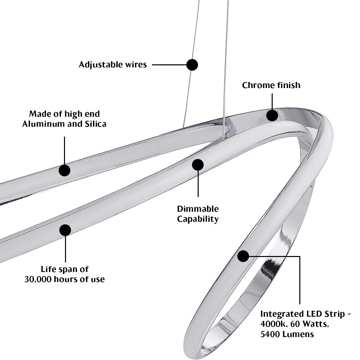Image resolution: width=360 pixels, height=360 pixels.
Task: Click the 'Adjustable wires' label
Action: coord(113,65)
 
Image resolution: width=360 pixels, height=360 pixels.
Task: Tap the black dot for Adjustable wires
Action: coord(192,65)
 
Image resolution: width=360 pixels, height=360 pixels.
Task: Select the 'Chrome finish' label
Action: coord(271,85)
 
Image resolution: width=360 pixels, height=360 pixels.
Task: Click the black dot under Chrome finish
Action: coord(272,115)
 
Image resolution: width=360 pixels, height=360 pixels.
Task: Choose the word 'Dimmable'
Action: coord(198,209)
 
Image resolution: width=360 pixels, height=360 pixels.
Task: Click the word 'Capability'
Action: coord(198,219)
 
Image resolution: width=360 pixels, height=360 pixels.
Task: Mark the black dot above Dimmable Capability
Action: coord(198,165)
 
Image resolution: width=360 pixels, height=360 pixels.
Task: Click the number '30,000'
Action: coord(36,279)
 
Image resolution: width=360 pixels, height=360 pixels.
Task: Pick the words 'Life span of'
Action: coord(65,269)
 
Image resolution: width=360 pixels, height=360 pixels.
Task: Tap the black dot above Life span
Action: coord(65,230)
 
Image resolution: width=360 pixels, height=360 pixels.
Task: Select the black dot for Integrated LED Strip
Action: coord(243,256)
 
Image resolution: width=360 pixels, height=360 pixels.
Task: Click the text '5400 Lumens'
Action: coord(287,334)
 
